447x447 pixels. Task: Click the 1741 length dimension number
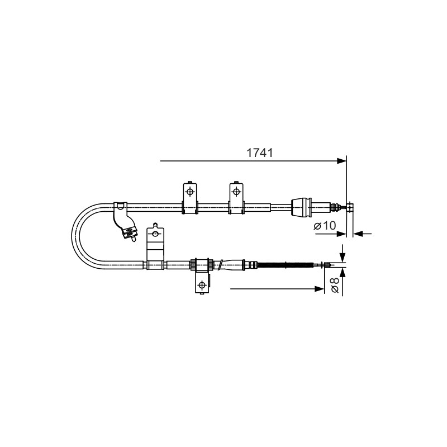(x=259, y=153)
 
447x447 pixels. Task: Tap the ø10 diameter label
(x=325, y=226)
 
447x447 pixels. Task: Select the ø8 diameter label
(x=335, y=285)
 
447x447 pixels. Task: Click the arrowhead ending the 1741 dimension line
(x=341, y=161)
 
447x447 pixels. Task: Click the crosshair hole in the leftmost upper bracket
(x=189, y=192)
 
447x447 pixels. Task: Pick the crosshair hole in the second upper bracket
(x=236, y=192)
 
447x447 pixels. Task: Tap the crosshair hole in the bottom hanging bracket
(x=202, y=284)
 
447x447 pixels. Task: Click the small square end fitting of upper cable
(x=350, y=207)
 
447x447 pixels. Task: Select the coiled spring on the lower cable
(x=285, y=265)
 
